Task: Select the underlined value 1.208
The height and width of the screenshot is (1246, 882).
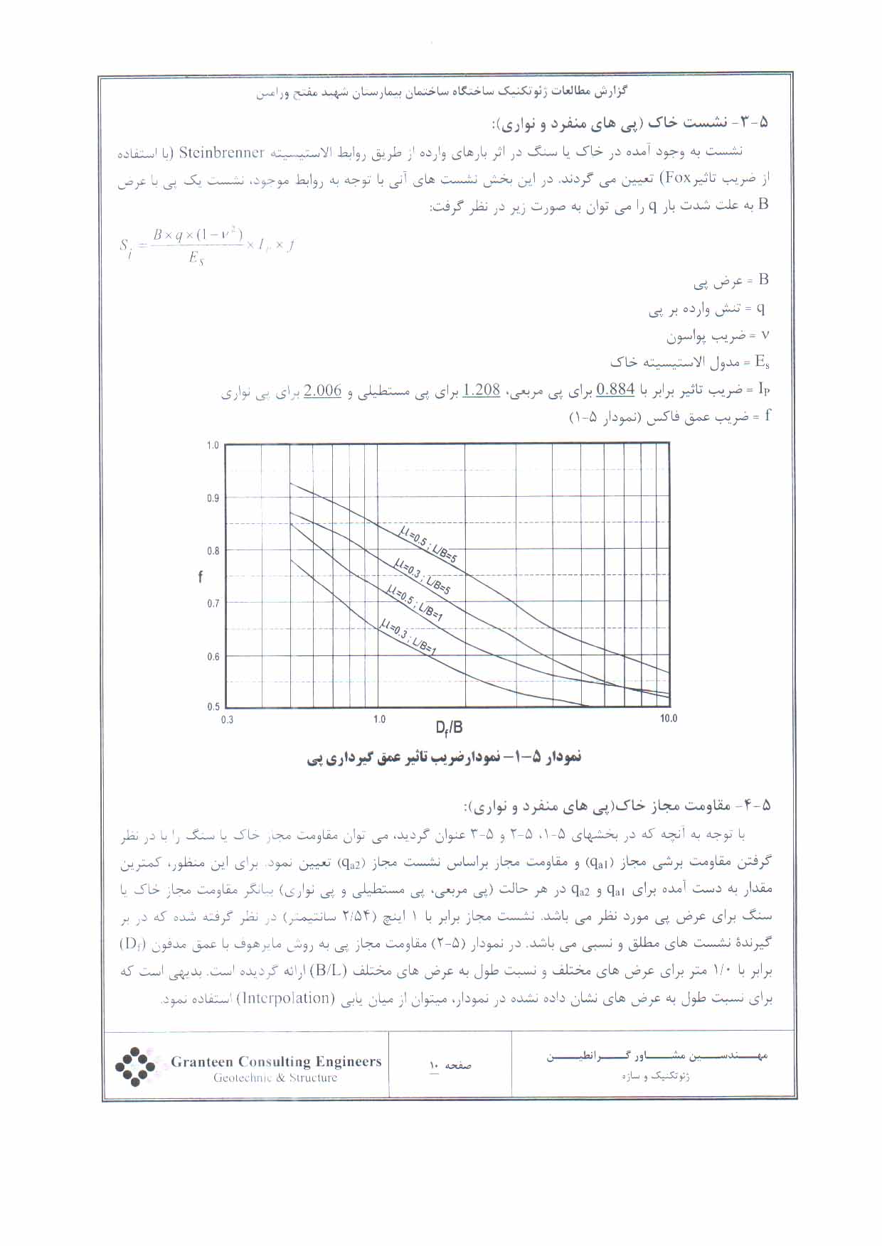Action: point(482,390)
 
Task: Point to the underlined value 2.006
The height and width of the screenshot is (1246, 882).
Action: point(323,390)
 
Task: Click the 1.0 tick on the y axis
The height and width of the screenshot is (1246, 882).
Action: point(213,446)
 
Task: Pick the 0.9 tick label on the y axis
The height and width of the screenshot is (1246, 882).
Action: point(213,498)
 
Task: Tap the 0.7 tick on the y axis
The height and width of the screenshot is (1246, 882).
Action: point(213,604)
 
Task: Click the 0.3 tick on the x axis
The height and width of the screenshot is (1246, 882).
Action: point(227,719)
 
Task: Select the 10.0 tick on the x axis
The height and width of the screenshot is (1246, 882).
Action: point(669,719)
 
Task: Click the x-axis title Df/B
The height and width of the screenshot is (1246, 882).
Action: point(450,727)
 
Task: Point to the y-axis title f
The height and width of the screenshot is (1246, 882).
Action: point(200,576)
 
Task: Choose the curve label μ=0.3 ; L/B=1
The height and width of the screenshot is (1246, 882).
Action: point(408,636)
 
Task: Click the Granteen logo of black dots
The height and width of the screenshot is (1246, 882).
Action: point(135,1066)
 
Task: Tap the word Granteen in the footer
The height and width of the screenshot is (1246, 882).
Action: point(201,1062)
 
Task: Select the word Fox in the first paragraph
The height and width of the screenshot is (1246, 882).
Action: point(180,178)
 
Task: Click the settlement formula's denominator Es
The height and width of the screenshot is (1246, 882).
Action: point(196,259)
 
